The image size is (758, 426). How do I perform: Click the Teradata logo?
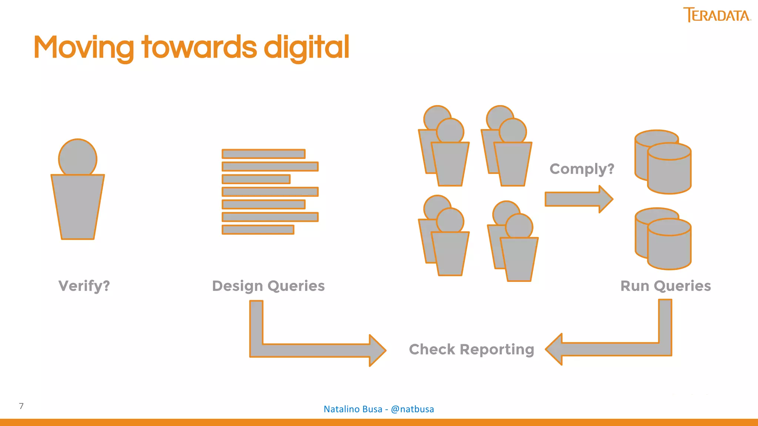pos(717,15)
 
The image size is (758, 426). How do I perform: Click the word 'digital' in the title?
pos(306,47)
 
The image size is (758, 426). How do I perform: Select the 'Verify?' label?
pos(84,286)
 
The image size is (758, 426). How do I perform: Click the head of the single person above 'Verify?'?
pos(78,158)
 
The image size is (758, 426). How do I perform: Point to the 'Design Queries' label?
pos(268,286)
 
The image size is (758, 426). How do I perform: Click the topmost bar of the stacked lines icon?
pos(263,154)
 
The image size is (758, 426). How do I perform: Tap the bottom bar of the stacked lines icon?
pos(258,230)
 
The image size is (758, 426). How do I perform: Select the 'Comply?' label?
pos(582,169)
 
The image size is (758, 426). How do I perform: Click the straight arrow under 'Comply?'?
pos(578,199)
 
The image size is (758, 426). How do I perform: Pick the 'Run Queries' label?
pos(665,286)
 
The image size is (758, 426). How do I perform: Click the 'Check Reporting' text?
pos(472,349)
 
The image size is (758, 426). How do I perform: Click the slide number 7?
pos(21,406)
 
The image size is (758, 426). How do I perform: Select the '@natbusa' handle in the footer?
pos(412,409)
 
